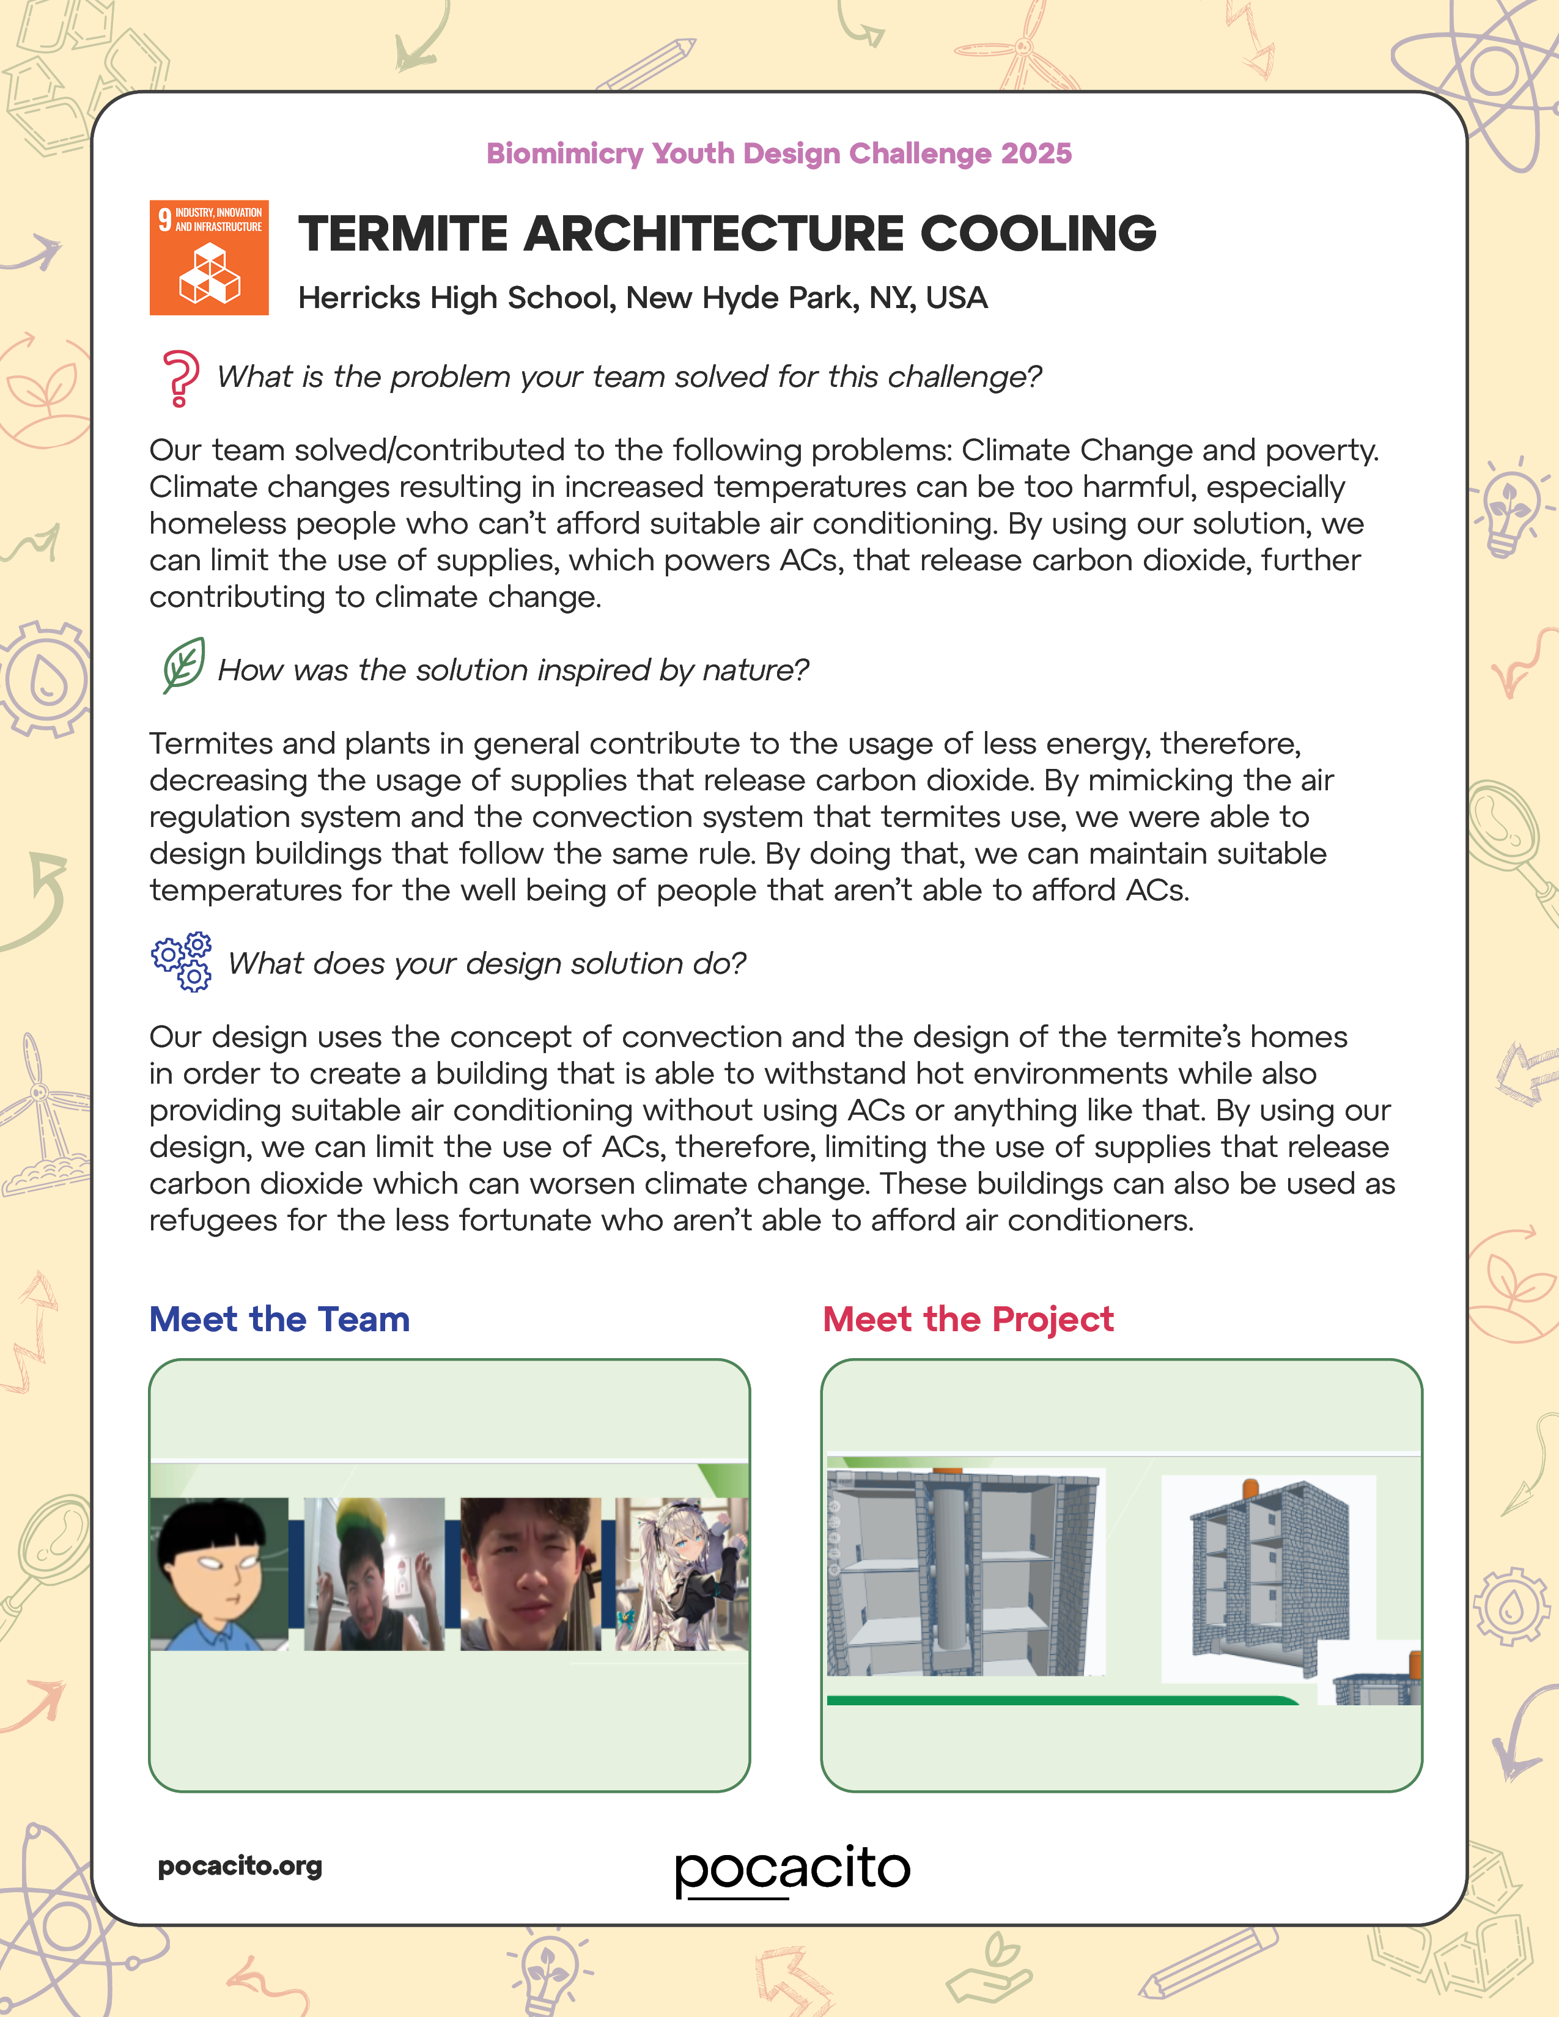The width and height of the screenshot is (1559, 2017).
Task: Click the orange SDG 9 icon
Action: coord(208,258)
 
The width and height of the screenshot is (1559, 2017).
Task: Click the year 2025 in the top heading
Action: coord(1036,153)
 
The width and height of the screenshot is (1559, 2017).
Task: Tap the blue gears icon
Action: coord(182,961)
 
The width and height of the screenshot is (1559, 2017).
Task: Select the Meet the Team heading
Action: coord(279,1319)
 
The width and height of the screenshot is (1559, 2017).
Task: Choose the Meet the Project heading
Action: coord(968,1319)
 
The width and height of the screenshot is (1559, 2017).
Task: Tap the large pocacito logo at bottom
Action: coord(792,1869)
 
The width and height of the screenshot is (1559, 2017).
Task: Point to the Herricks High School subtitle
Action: coord(642,298)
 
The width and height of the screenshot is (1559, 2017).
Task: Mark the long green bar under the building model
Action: coord(1062,1699)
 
